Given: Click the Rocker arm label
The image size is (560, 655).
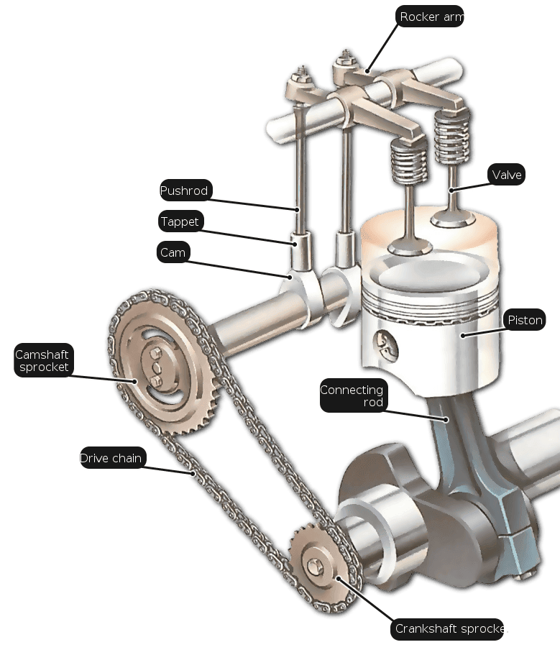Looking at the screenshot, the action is click(429, 17).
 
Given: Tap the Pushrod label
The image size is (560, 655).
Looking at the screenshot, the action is click(186, 191).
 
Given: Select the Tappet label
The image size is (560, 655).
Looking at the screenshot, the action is click(181, 221).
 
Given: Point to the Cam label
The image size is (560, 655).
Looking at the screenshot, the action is click(173, 252).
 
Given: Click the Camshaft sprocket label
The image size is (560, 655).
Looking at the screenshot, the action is click(44, 360).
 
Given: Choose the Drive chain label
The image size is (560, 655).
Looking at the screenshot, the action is click(113, 458).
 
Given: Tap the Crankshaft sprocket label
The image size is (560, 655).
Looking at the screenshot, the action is click(447, 628).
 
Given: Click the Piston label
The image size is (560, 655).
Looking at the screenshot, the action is click(525, 319).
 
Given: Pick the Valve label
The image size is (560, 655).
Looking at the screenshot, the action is click(506, 174).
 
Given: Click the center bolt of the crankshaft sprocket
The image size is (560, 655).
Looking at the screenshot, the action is click(313, 567).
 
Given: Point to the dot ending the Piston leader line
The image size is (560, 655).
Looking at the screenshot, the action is click(463, 336).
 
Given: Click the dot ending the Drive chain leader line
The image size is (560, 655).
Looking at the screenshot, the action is click(193, 473).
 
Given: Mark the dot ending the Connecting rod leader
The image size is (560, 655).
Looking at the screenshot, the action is click(446, 419).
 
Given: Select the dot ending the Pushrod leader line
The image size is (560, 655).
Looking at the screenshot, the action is click(298, 209).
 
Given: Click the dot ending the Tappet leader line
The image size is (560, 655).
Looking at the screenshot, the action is click(295, 244).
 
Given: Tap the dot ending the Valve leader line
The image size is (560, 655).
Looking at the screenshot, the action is click(451, 191).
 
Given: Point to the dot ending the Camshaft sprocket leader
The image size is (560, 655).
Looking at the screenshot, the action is click(135, 381).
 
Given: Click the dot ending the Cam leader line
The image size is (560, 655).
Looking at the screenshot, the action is click(289, 277).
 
